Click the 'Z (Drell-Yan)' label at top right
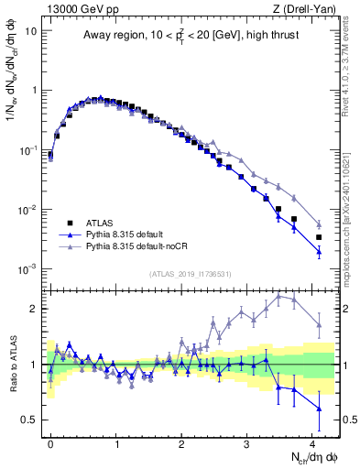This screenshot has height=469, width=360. tap(305, 9)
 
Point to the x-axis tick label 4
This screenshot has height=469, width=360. tap(312, 442)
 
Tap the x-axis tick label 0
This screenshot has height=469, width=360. tap(50, 442)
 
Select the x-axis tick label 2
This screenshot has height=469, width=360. tap(181, 442)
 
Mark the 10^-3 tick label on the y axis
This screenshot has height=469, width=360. tap(27, 269)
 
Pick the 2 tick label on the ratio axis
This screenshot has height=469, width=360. tap(35, 309)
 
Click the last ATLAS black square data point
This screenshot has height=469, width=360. tap(319, 237)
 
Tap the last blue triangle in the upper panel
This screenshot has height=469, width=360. tap(319, 252)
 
